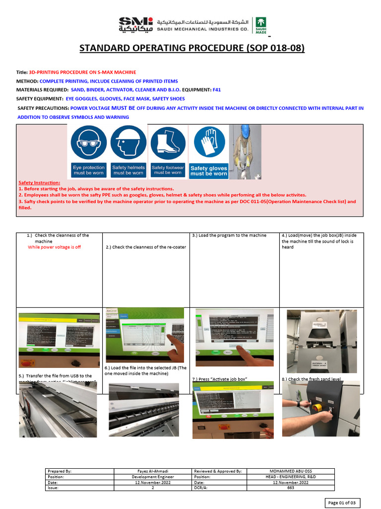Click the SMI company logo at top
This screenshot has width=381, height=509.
(x=135, y=24)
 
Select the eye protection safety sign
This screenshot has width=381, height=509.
(x=89, y=151)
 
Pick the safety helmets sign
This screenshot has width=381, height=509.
(x=128, y=151)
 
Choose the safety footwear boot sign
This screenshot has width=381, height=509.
(x=168, y=151)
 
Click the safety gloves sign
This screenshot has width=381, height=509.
(x=209, y=151)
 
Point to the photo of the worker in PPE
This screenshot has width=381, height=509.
(x=245, y=152)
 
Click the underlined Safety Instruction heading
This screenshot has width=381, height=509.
(x=39, y=183)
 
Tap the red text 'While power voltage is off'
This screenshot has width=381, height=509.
(x=54, y=247)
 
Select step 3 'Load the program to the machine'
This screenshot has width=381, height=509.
(x=229, y=235)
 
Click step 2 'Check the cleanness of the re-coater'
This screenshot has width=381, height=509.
(x=146, y=247)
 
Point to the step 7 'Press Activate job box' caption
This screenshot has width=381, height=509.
(x=219, y=379)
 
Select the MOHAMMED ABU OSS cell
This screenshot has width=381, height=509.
(x=290, y=471)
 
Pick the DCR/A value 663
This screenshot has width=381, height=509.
(x=290, y=488)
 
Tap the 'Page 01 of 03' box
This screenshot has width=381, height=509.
(x=343, y=503)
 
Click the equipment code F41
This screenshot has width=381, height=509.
(x=216, y=89)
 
